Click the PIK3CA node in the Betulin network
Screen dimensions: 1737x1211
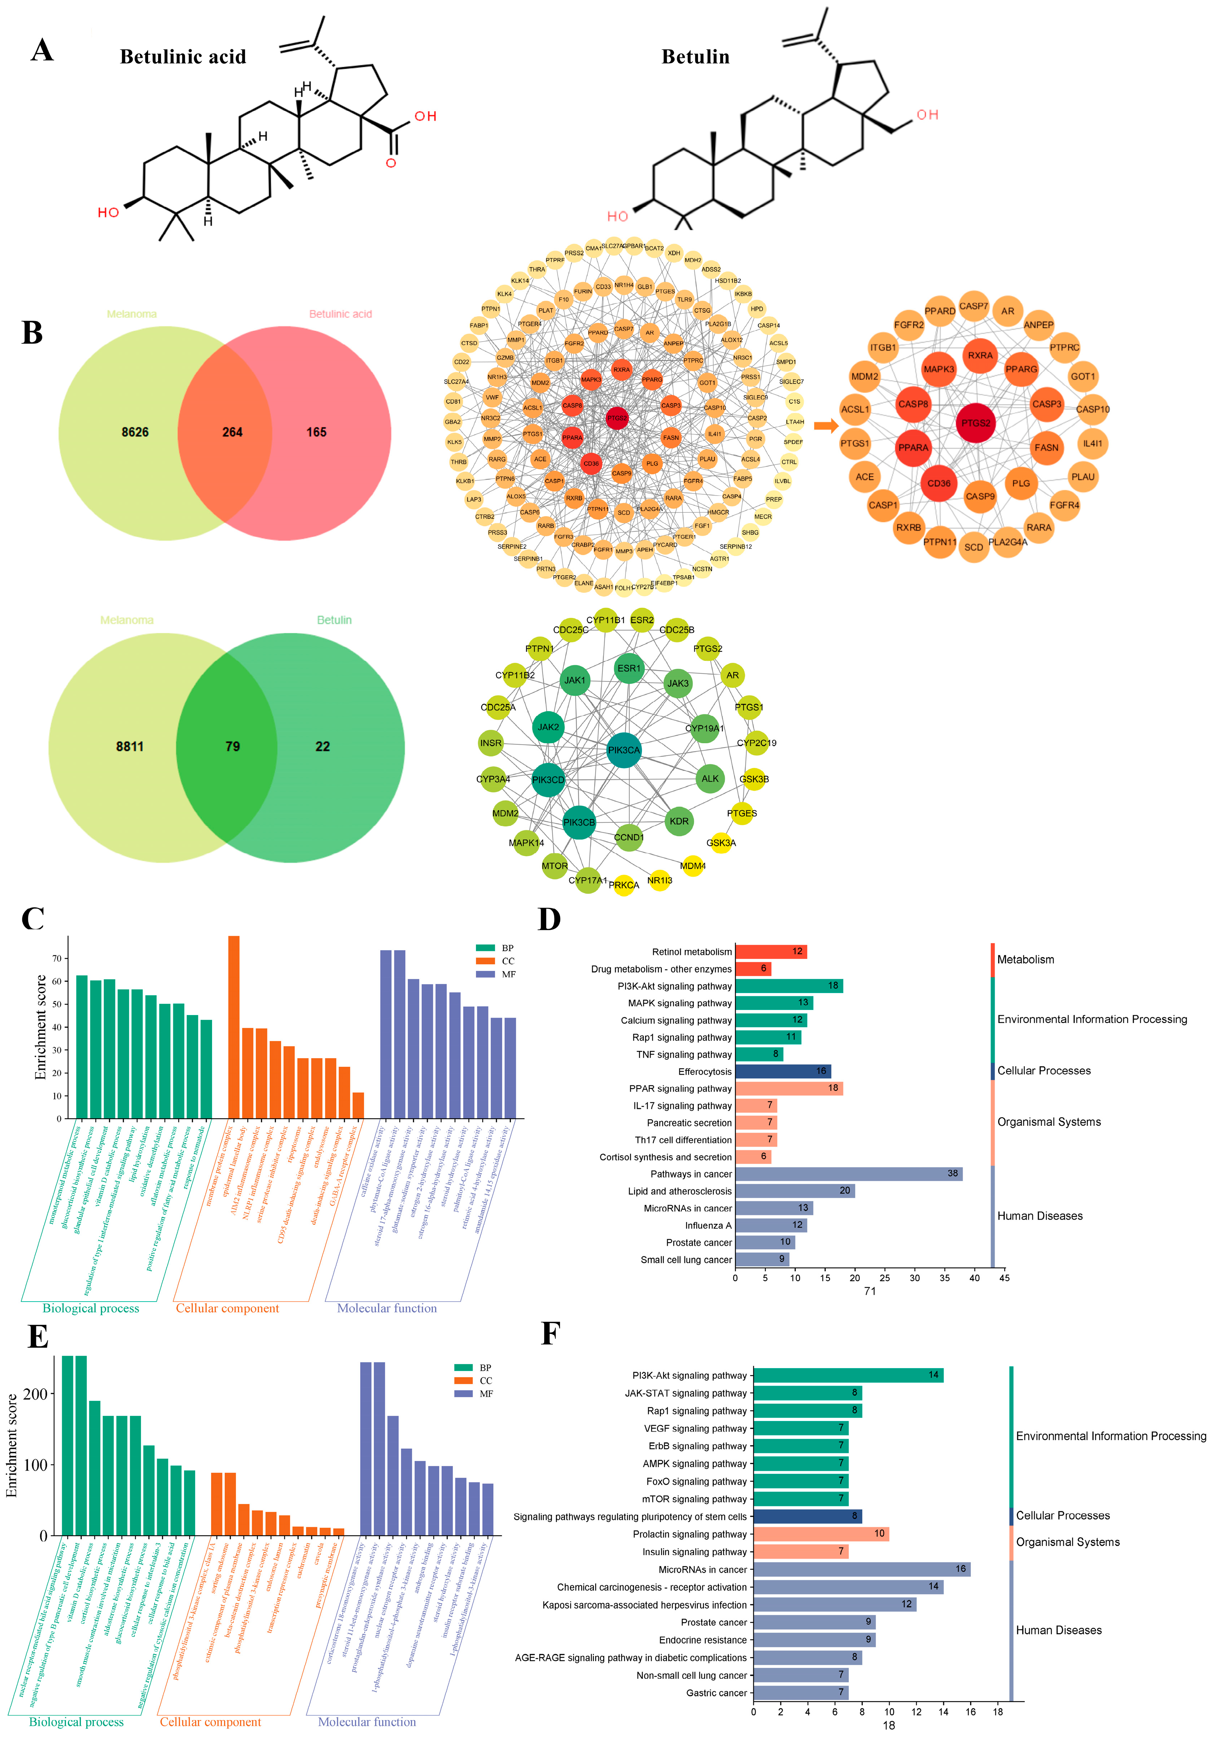click(624, 750)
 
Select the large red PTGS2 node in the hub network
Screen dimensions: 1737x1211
click(975, 423)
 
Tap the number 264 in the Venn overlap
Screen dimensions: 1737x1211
click(232, 432)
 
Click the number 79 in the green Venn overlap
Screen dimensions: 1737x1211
click(232, 746)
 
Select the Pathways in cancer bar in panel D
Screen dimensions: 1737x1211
click(848, 1173)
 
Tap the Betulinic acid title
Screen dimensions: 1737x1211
click(183, 57)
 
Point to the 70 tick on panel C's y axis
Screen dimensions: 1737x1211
click(57, 959)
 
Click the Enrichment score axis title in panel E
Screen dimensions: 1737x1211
click(12, 1445)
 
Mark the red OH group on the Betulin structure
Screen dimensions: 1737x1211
click(927, 115)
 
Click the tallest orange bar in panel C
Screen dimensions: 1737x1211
click(234, 1027)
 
